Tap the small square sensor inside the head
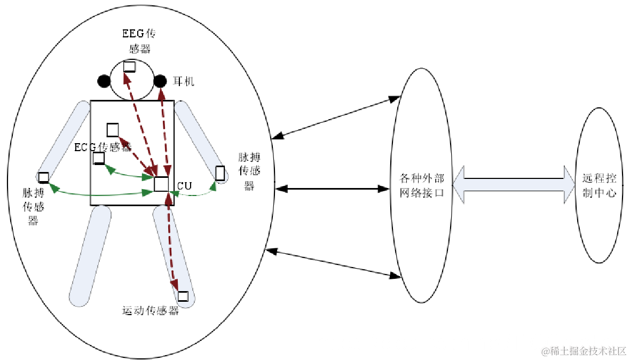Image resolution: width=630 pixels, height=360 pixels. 129,67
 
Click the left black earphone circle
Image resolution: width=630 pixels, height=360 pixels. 104,81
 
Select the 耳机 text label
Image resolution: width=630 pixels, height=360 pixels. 184,82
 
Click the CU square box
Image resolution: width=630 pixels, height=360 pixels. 161,184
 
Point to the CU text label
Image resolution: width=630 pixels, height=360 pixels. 184,185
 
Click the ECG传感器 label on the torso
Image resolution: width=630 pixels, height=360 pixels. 103,147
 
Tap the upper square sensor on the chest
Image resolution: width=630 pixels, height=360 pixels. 113,129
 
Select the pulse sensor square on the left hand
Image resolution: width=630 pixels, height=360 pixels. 44,176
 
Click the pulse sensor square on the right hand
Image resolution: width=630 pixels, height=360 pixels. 220,173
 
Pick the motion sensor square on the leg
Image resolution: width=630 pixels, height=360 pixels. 183,296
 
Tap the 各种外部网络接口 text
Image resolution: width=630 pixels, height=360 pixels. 422,185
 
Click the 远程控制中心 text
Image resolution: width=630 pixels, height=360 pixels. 600,185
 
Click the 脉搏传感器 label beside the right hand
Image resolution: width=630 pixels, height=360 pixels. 249,171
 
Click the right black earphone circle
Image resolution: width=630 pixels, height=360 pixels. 160,81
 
